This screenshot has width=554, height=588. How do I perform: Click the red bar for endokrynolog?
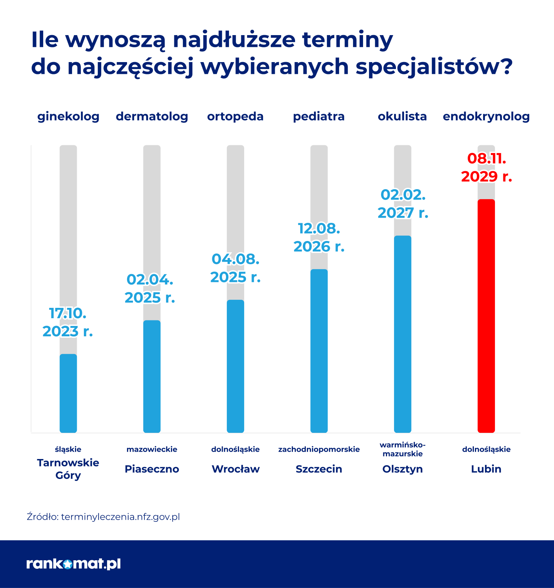(486, 316)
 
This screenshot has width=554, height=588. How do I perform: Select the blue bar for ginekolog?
(68, 393)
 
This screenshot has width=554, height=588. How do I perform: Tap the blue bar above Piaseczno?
(152, 376)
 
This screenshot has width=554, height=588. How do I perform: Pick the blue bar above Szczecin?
(319, 351)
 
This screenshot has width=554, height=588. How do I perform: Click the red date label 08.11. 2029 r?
(486, 167)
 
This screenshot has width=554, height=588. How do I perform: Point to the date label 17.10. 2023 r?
(68, 322)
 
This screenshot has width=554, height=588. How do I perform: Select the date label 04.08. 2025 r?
(235, 268)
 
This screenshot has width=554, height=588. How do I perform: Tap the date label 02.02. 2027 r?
(403, 204)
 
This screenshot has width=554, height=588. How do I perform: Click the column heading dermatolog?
(152, 116)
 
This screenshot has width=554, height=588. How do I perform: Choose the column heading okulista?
(402, 116)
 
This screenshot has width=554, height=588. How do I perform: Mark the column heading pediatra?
(319, 116)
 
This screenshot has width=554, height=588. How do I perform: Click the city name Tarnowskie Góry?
(68, 469)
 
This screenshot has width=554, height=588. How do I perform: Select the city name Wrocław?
(236, 469)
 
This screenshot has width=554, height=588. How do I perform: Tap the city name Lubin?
(486, 469)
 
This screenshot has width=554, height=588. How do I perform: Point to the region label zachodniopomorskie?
(319, 449)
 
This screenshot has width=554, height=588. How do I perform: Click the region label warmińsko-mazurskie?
(403, 449)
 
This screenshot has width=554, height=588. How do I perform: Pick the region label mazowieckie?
(152, 449)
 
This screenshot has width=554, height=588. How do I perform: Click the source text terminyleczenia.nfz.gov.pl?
(120, 517)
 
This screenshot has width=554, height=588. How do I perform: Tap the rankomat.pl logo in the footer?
(73, 564)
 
